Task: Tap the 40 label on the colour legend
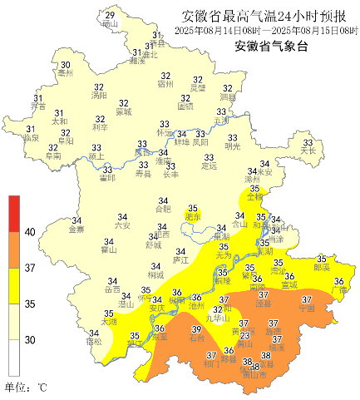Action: coord(30,233)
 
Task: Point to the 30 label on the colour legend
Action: coord(30,339)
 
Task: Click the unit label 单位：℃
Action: coord(27,387)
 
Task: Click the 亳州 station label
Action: coord(65,73)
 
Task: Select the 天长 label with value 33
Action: coord(308,151)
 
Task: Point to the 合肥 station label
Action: coord(163,209)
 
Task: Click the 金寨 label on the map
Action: coord(76,229)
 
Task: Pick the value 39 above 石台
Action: coord(197,330)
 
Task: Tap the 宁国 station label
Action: coord(306,308)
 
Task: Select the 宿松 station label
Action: coord(94,342)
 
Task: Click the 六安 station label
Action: coord(122,225)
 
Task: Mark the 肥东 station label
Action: coord(193,217)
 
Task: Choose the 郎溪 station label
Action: coord(321,268)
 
